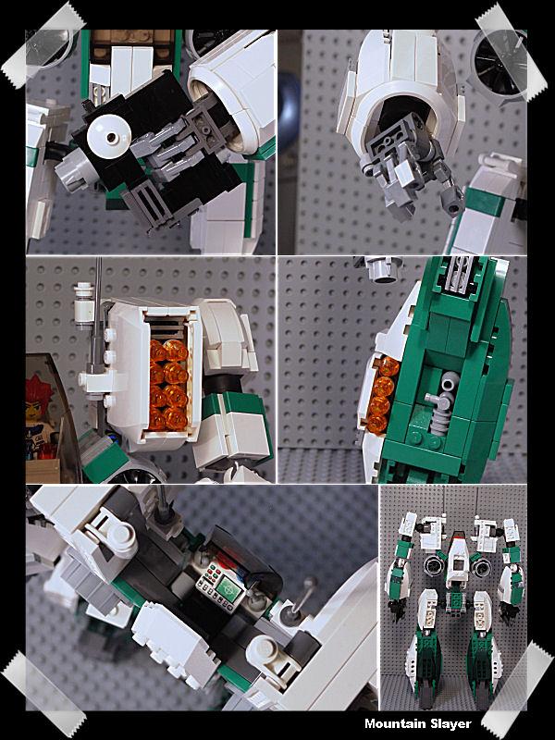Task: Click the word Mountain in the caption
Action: click(392, 723)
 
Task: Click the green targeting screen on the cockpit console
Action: click(228, 589)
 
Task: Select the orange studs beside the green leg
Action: click(381, 395)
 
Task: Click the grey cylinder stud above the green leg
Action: click(384, 267)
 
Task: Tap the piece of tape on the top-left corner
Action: click(43, 44)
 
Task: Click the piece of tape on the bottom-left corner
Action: click(43, 694)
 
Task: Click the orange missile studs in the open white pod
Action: click(168, 385)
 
